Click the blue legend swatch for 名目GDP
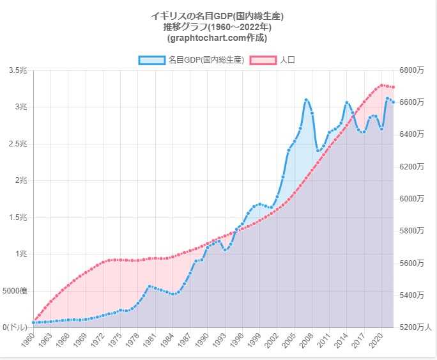[x=152, y=60]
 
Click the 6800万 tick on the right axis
[x=411, y=70]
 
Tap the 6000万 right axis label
[x=411, y=199]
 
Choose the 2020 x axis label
[x=375, y=340]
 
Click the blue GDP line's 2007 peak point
[x=306, y=100]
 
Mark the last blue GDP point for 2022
[x=393, y=102]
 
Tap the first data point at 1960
[x=33, y=322]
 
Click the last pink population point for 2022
[x=393, y=87]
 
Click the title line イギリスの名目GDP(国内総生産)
[x=217, y=15]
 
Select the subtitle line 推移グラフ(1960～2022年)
[x=217, y=26]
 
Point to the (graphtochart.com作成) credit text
[x=217, y=37]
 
